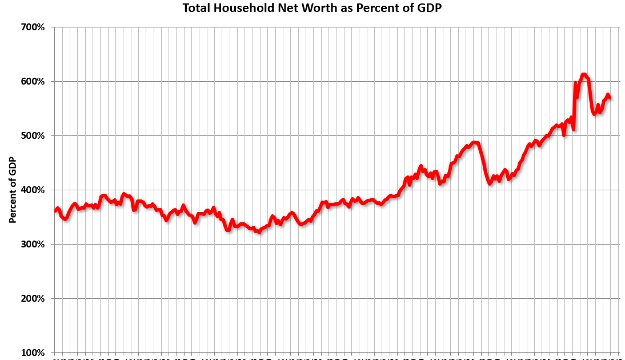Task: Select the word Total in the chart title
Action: [x=196, y=8]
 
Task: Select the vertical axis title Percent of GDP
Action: [x=13, y=190]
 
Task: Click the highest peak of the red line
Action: [x=583, y=74]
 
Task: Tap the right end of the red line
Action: [x=610, y=98]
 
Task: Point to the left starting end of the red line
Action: [x=55, y=211]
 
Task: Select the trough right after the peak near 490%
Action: [x=490, y=183]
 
